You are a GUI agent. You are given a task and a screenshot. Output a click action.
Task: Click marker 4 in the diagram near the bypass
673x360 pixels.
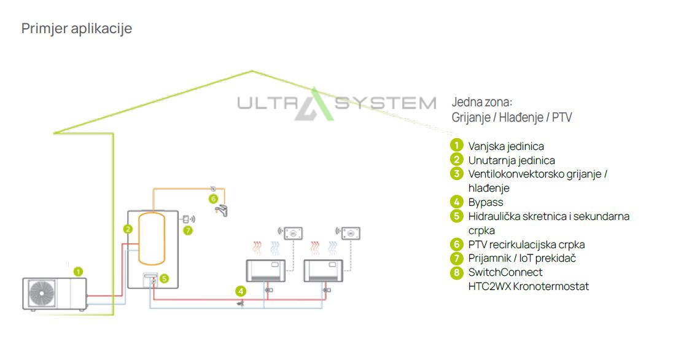[x=241, y=291]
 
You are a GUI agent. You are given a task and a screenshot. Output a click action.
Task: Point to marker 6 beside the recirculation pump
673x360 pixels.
[x=213, y=198]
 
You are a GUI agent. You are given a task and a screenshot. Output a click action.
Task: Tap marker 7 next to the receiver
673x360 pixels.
[x=188, y=230]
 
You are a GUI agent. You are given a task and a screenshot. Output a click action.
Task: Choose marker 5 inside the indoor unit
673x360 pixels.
[x=164, y=278]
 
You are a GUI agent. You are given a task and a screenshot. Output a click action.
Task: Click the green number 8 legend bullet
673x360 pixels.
[x=456, y=272]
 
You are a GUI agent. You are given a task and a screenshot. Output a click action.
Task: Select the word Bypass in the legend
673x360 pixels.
[x=486, y=202]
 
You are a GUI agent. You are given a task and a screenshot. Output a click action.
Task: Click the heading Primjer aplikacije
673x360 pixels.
[x=77, y=28]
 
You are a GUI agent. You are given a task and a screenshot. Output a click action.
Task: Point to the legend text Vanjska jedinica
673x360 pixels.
[x=506, y=146]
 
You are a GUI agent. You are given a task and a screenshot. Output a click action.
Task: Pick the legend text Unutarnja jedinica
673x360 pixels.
[x=512, y=160]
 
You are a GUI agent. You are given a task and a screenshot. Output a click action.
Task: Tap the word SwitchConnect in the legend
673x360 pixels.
[x=505, y=272]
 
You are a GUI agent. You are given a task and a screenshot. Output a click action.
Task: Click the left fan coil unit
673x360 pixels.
[x=265, y=270]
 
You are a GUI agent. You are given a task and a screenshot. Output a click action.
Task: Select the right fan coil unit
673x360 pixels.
[x=323, y=270]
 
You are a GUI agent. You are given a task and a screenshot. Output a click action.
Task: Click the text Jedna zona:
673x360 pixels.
[x=482, y=102]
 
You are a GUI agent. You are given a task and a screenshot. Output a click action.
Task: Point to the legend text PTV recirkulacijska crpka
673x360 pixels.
[x=526, y=245]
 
